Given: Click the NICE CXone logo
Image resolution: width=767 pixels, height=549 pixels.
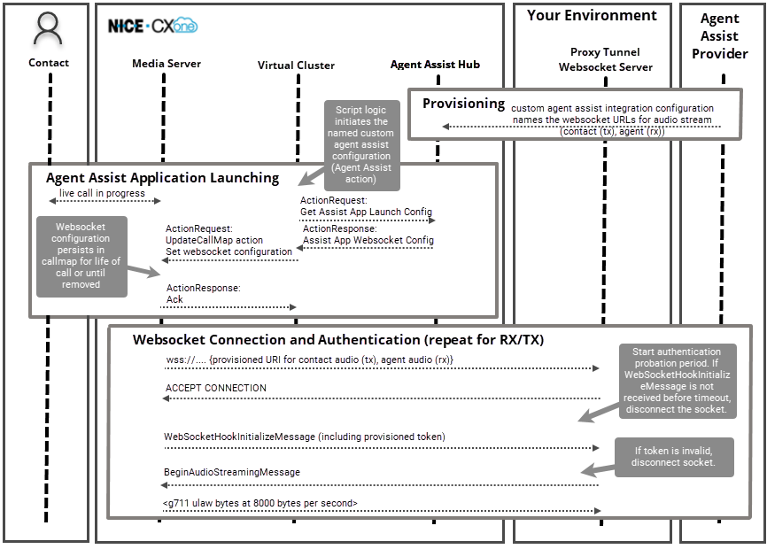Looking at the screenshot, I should point(152,26).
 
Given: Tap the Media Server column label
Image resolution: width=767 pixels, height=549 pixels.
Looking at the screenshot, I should point(167,64).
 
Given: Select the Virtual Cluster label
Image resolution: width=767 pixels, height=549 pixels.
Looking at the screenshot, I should point(296,66).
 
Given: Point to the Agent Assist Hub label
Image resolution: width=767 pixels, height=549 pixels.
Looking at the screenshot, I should point(435,65).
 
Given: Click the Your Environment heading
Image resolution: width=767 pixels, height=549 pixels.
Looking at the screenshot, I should point(592,16).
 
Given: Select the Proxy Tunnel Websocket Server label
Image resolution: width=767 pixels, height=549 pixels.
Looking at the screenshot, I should point(606,59).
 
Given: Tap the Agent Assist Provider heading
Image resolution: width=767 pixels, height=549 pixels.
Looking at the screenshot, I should point(719,36).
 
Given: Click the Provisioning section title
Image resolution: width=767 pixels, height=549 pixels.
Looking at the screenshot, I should point(463,104).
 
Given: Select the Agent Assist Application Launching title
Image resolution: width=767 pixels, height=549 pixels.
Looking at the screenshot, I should point(162,178).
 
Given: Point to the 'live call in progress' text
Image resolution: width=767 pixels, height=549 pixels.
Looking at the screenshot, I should point(102,193).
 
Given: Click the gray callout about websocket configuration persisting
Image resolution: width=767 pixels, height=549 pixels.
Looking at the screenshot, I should point(80,256).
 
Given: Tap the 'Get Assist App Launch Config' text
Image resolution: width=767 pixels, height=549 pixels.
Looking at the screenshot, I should point(366,212).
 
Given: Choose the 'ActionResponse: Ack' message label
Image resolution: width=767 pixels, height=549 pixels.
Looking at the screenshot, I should point(203,294).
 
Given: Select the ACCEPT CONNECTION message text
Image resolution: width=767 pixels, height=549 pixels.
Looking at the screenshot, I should point(216,388).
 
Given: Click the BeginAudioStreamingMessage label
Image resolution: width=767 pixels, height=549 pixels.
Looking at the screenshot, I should point(232,472).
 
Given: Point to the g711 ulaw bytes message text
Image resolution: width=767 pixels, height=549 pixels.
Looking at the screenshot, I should point(260,503).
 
